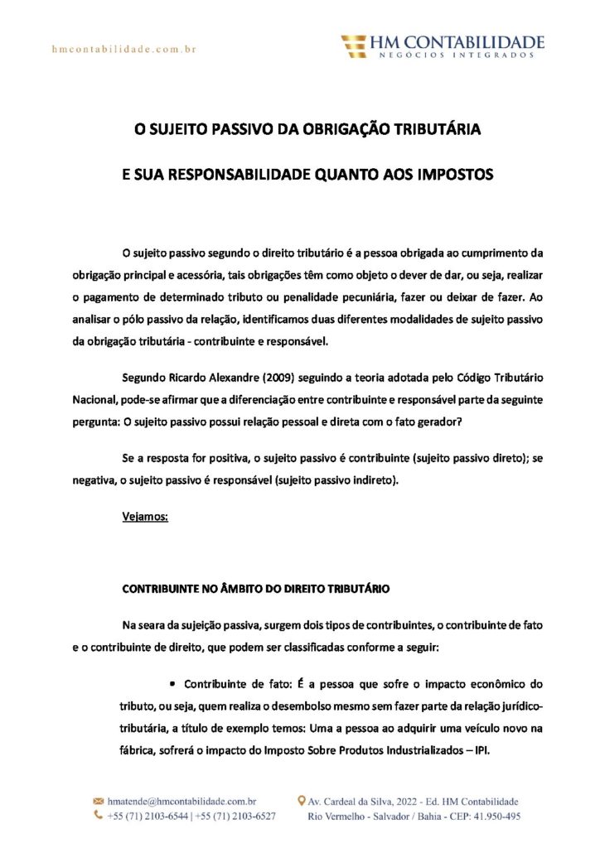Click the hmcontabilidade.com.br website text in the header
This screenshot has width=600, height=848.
click(x=123, y=50)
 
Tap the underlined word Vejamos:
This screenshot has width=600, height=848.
click(x=145, y=517)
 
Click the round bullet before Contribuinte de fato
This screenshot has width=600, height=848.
click(x=173, y=684)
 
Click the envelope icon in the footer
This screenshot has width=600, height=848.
click(x=98, y=802)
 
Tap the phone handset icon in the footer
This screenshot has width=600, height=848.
click(x=98, y=817)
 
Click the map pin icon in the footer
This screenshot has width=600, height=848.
click(x=302, y=802)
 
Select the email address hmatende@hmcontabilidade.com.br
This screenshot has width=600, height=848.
click(x=181, y=802)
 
